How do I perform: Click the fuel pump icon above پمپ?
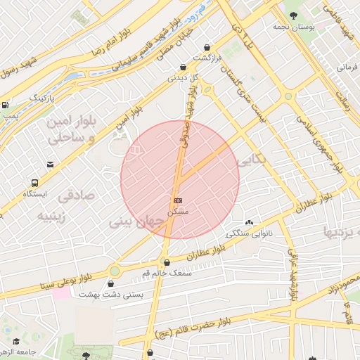[6, 105]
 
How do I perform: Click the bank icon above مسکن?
[176, 200]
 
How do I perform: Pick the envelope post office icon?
[50, 165]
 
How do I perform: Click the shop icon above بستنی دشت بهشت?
[111, 284]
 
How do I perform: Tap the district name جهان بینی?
[136, 223]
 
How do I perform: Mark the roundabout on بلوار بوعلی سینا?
[115, 271]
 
